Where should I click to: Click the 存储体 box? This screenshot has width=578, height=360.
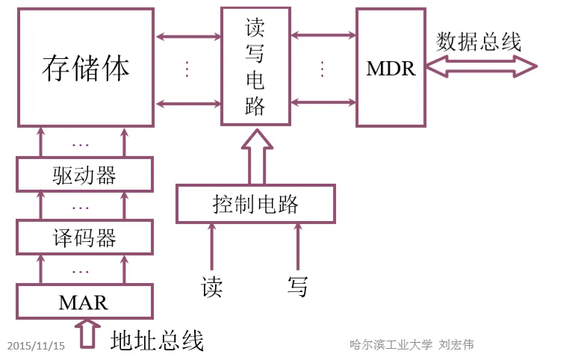[85, 67]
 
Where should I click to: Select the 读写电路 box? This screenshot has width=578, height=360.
[255, 67]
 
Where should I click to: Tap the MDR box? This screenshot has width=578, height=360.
[391, 67]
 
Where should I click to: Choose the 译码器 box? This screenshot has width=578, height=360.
[84, 238]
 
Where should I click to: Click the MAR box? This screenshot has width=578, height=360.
[84, 302]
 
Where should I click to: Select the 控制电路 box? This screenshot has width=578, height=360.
[255, 203]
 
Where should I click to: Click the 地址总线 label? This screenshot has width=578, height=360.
[157, 341]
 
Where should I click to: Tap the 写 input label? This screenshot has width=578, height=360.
[297, 286]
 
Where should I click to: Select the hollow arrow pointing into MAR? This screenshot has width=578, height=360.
[88, 332]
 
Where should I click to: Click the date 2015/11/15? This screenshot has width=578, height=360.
[36, 346]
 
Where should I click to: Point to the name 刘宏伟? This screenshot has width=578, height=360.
[456, 344]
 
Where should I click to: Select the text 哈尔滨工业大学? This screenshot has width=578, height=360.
[391, 344]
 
